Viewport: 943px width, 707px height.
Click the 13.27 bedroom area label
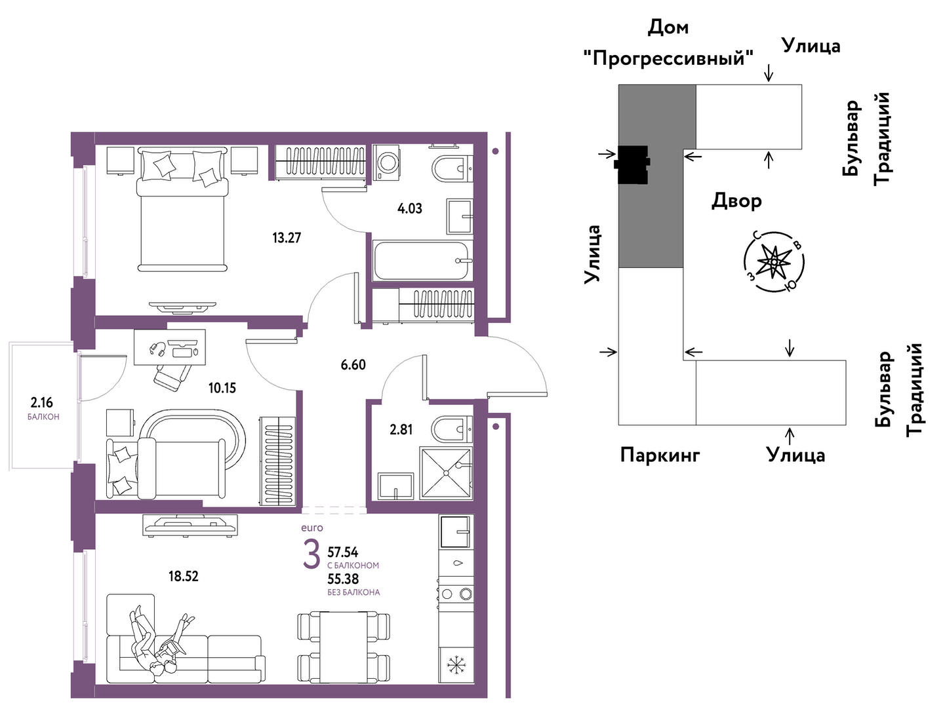pos(287,237)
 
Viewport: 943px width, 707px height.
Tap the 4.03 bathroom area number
pos(409,208)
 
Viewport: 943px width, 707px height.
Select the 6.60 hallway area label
pos(353,365)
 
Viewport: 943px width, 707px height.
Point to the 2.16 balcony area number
pos(42,403)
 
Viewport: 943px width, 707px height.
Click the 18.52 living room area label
pos(184,576)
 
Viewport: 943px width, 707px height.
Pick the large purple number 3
pos(311,554)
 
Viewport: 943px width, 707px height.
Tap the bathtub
pos(423,261)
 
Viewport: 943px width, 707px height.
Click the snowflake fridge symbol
pos(456,665)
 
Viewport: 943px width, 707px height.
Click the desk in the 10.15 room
pos(170,347)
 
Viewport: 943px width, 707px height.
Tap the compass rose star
pos(774,261)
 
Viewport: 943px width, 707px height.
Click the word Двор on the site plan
pos(736,201)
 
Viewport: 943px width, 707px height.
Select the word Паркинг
pos(660,455)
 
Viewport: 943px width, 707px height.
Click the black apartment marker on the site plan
pos(632,164)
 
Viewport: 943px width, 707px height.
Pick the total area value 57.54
pos(343,552)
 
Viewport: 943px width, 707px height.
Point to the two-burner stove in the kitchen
pos(456,594)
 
